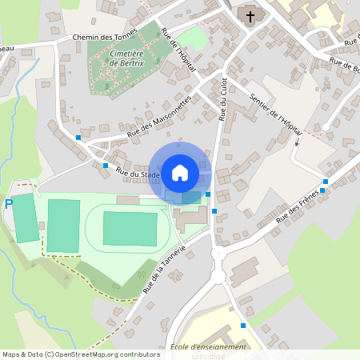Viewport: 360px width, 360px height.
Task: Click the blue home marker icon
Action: (180, 172)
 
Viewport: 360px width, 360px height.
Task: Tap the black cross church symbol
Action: (250, 15)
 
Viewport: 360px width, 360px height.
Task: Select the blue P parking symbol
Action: (9, 204)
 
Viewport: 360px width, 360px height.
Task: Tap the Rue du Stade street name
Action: (138, 173)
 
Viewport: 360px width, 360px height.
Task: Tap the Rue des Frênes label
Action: (298, 205)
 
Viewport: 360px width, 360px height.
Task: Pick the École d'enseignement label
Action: (208, 346)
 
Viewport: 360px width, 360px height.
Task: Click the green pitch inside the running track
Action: (130, 228)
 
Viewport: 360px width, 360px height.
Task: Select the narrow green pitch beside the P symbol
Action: (26, 218)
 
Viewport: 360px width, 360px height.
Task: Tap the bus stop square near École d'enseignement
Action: (244, 326)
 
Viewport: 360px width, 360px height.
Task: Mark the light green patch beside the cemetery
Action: (192, 38)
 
